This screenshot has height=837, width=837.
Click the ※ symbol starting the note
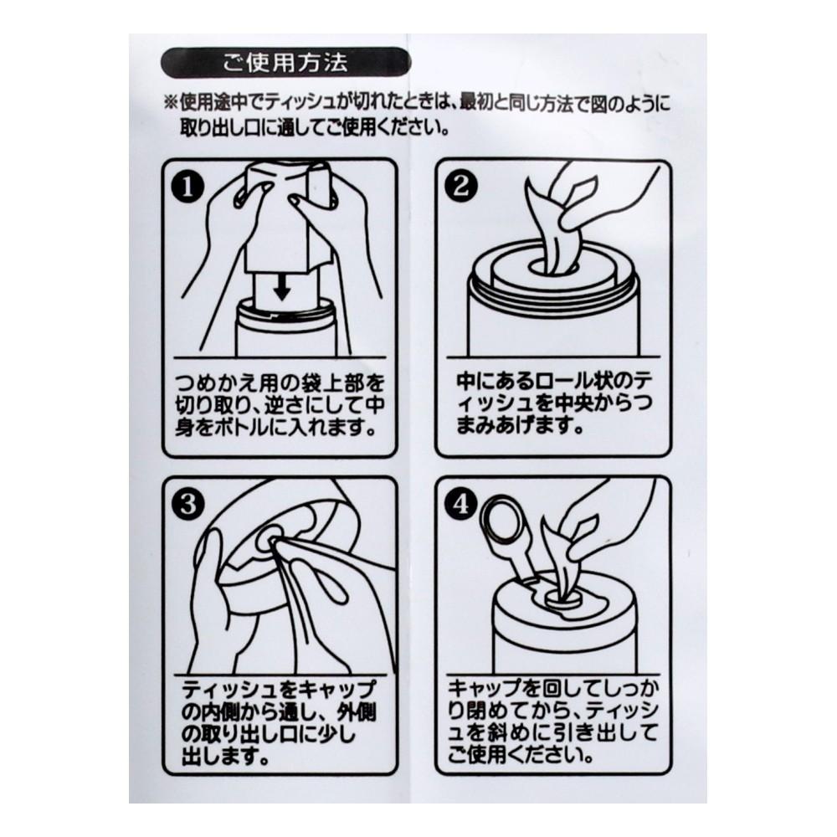171,102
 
